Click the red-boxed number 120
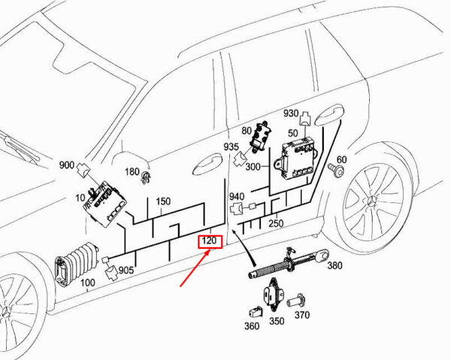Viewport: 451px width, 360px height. tap(209, 242)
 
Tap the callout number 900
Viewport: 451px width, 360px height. tap(67, 165)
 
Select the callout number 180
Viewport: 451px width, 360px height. tap(132, 172)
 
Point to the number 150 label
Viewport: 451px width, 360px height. tap(163, 201)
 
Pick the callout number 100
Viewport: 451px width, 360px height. tap(88, 283)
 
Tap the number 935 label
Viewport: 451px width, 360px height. tap(231, 147)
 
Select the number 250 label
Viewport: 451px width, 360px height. tap(276, 222)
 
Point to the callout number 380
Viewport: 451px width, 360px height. tap(334, 265)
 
